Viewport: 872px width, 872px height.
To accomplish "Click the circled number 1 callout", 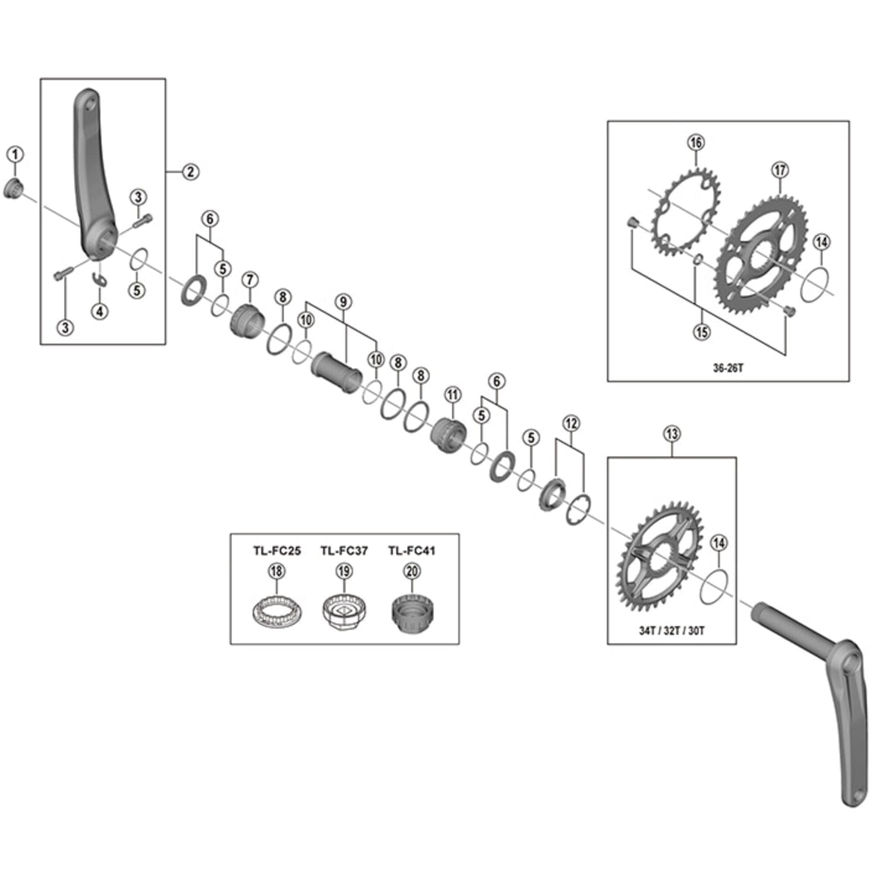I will (x=15, y=155).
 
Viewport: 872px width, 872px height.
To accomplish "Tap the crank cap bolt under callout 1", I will (x=13, y=189).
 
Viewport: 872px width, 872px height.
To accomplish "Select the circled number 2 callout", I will (x=191, y=171).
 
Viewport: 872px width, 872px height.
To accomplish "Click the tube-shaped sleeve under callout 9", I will (x=337, y=373).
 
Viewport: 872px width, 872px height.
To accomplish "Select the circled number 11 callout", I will (x=453, y=395).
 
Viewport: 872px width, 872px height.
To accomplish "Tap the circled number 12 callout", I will (x=571, y=423).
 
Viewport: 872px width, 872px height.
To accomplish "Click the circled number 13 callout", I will (x=672, y=434).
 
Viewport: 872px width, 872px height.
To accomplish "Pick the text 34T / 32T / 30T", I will (x=671, y=631).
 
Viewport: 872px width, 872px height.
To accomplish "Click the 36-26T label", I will (x=728, y=368).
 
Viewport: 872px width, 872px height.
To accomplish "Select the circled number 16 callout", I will (x=696, y=143).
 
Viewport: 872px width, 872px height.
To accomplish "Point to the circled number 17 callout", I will (x=780, y=170).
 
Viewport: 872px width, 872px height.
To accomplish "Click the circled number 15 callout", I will (x=702, y=332).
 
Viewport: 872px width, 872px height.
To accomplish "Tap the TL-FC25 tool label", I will (x=277, y=551).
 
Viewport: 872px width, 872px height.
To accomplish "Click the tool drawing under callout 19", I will (x=344, y=612).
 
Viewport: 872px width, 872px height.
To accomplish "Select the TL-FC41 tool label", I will (x=412, y=551).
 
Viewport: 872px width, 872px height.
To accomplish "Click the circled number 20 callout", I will (x=412, y=572).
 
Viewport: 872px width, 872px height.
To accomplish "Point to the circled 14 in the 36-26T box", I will (x=821, y=242).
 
